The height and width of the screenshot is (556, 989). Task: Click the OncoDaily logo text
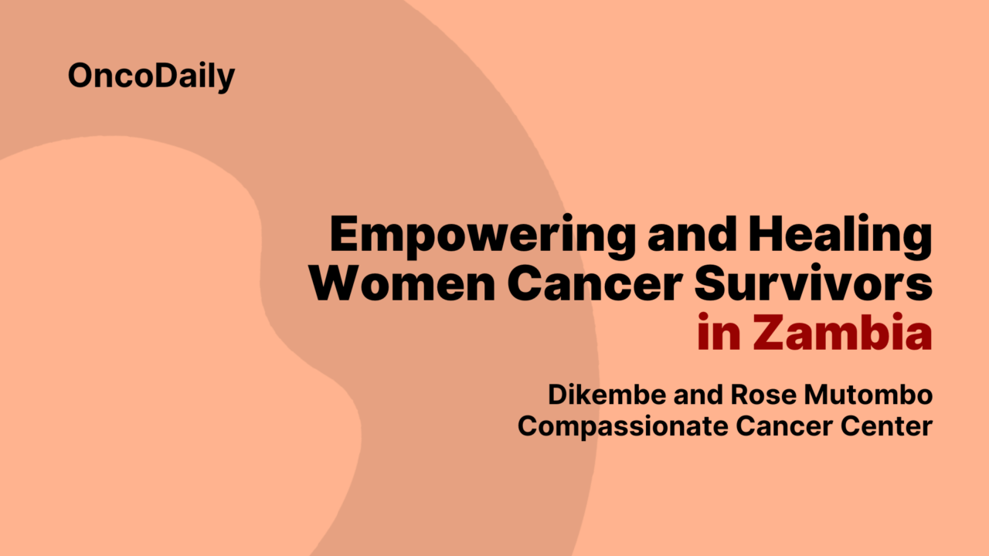[x=151, y=76]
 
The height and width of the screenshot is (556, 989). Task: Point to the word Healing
[x=840, y=236]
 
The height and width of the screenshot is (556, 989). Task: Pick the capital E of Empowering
[x=345, y=236]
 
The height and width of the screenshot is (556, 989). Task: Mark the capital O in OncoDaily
[x=81, y=76]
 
